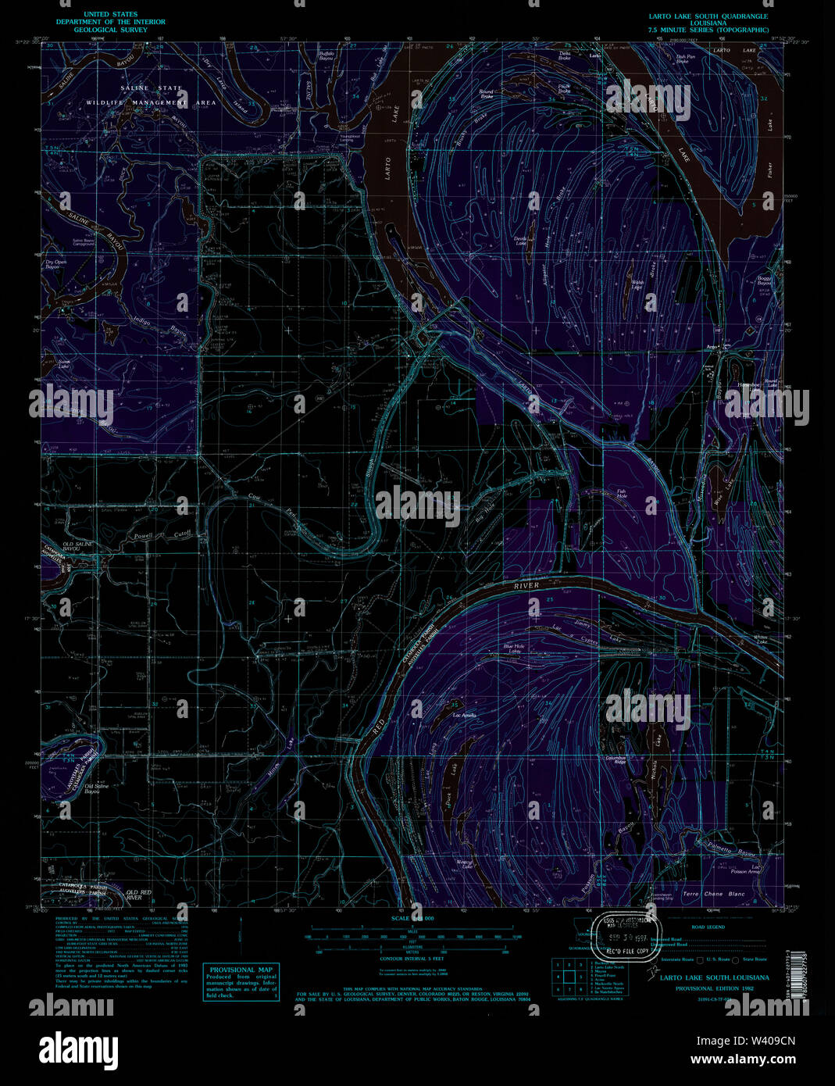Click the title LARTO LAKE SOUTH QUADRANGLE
[x=708, y=16]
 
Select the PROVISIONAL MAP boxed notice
[x=241, y=981]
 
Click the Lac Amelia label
[x=465, y=715]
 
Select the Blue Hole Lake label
[x=514, y=648]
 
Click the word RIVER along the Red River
[x=526, y=586]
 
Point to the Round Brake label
[x=486, y=94]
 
